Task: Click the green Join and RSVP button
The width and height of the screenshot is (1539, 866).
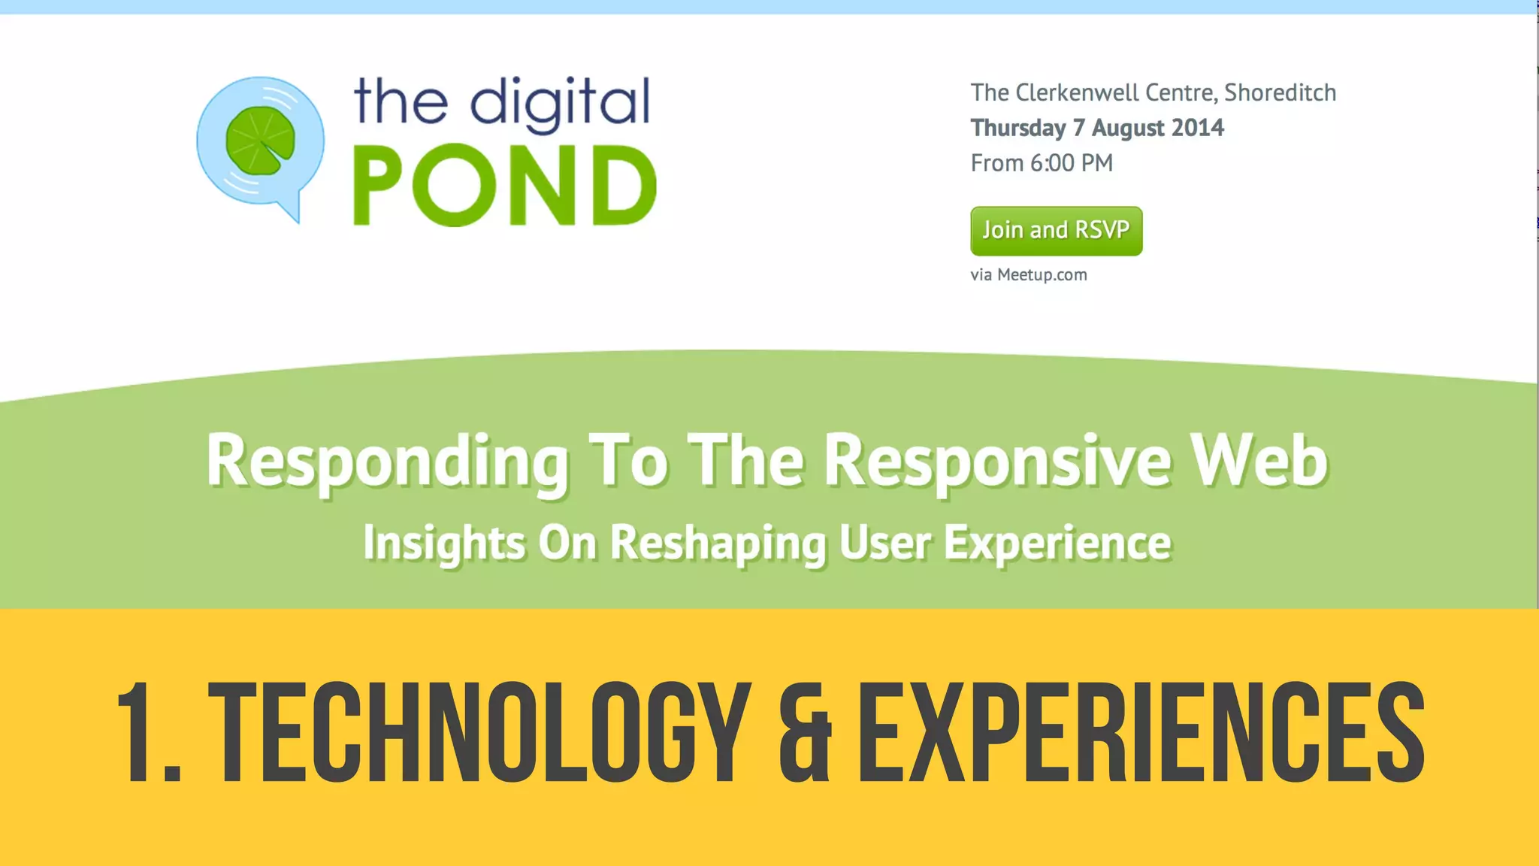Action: point(1056,231)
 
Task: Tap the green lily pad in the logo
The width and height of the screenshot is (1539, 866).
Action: point(260,141)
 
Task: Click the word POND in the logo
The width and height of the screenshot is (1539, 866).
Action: point(504,186)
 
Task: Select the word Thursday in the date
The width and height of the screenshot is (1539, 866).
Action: point(1017,128)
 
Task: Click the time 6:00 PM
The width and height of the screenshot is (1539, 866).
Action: point(1072,162)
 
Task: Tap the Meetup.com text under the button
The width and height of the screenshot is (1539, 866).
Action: point(1042,274)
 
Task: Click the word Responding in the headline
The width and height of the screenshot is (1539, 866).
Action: point(386,461)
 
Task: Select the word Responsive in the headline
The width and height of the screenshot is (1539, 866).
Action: point(996,461)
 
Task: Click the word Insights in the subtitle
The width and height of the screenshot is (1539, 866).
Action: point(443,543)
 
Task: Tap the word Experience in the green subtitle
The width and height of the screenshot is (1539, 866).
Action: point(1057,543)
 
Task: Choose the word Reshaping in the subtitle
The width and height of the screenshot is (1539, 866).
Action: point(718,543)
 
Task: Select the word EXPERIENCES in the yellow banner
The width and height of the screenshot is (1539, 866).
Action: point(1141,733)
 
